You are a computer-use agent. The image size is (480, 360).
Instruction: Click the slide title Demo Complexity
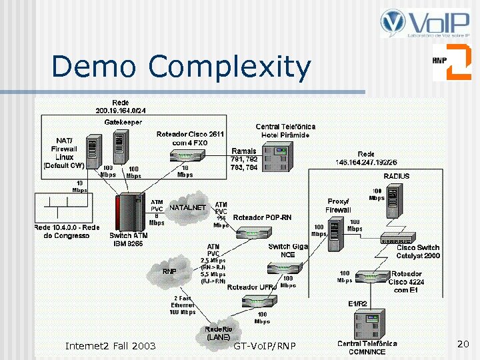pos(181,67)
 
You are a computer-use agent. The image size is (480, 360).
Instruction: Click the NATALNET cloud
pos(187,209)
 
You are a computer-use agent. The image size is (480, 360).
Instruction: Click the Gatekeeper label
pos(123,122)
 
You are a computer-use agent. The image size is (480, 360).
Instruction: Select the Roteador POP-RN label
pos(262,217)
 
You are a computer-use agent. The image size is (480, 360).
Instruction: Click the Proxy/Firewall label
pos(338,205)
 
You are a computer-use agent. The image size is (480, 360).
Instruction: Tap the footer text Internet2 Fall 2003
pos(110,345)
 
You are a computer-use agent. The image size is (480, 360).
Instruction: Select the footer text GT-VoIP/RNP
pos(265,346)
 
